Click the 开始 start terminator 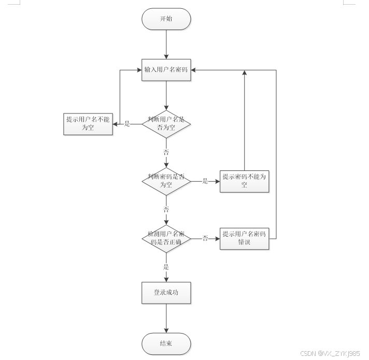(166, 19)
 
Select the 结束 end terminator (166, 343)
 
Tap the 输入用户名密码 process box (166, 70)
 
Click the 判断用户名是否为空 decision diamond (166, 124)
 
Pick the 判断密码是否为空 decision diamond (166, 181)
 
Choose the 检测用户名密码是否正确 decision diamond (166, 238)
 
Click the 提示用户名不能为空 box (88, 124)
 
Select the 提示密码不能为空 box (244, 181)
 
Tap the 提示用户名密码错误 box (244, 238)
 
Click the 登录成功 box (166, 293)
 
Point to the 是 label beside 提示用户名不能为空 (127, 124)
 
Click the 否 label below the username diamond (166, 152)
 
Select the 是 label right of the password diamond (205, 181)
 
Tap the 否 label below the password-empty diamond (166, 210)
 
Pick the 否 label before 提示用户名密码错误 (205, 238)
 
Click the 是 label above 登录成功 (166, 267)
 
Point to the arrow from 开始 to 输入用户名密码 (166, 44)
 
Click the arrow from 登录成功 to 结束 (166, 318)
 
